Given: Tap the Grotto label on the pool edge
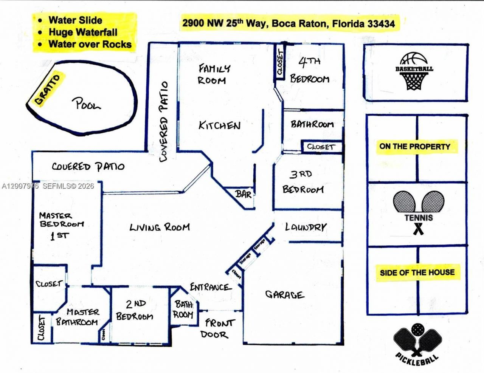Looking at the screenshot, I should (48, 90).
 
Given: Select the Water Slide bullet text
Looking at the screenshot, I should (75, 20).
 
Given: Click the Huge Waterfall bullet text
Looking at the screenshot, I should (83, 32).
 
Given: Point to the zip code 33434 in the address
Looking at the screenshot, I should (381, 24).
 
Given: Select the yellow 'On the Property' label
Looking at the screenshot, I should (415, 147).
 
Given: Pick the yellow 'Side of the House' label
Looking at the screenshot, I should (417, 272).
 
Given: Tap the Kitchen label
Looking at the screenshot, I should (220, 125).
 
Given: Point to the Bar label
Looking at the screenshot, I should (244, 194).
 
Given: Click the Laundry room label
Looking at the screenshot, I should (306, 227).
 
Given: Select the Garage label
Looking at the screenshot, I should (284, 294).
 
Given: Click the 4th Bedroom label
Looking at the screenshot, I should (310, 70).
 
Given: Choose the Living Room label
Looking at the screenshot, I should (160, 227).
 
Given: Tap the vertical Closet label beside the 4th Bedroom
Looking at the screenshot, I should (280, 62).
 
